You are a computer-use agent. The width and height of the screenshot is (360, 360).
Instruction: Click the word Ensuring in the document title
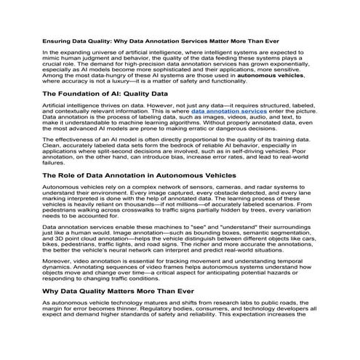tap(56, 40)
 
